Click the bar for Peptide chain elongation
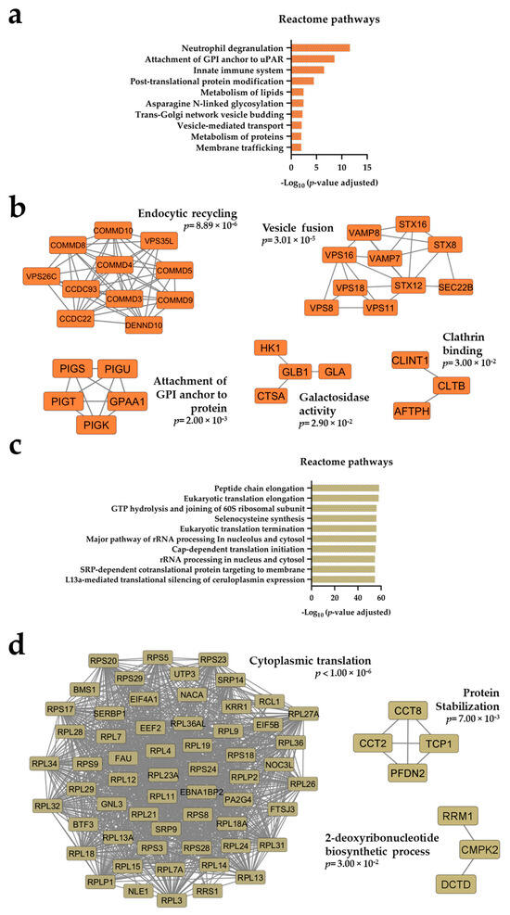(x=344, y=487)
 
